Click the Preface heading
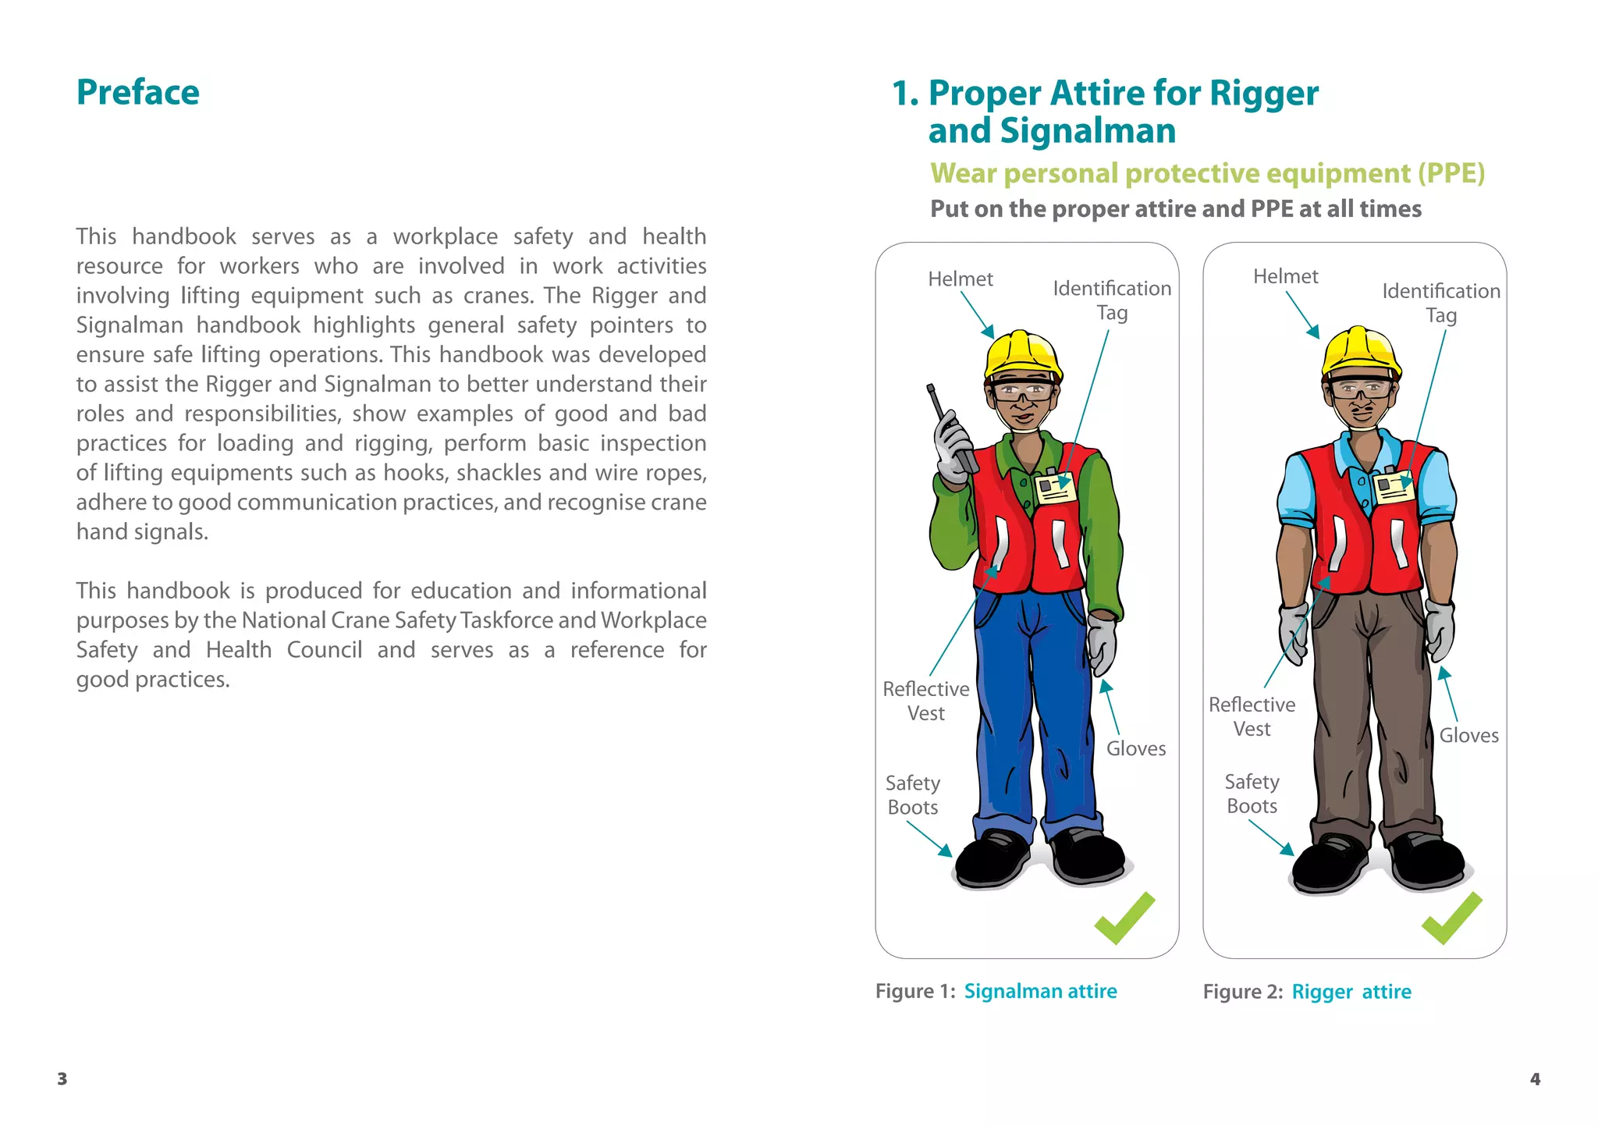[x=138, y=92]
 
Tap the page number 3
[x=62, y=1079]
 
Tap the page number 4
[x=1535, y=1079]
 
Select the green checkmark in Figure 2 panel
[x=1451, y=918]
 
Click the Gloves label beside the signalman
[x=1136, y=748]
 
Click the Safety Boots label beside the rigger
[x=1252, y=794]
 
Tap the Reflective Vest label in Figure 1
[x=926, y=701]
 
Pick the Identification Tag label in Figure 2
[x=1441, y=303]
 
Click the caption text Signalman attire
[x=1040, y=991]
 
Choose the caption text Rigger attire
[x=1351, y=992]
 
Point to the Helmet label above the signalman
[x=960, y=279]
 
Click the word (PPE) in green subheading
[x=1451, y=173]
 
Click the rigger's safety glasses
[x=1362, y=389]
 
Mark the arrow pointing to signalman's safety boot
[x=929, y=840]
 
